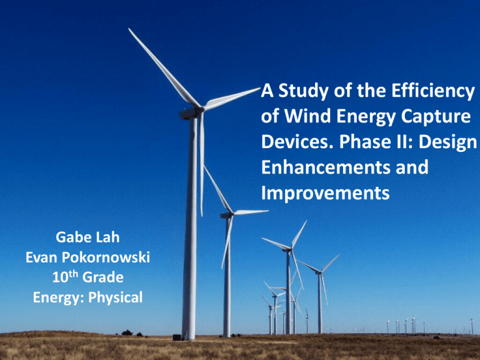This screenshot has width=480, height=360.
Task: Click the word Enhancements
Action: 324,169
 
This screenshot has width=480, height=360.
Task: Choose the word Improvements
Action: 325,194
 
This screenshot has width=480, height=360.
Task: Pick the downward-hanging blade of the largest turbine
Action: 201,162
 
